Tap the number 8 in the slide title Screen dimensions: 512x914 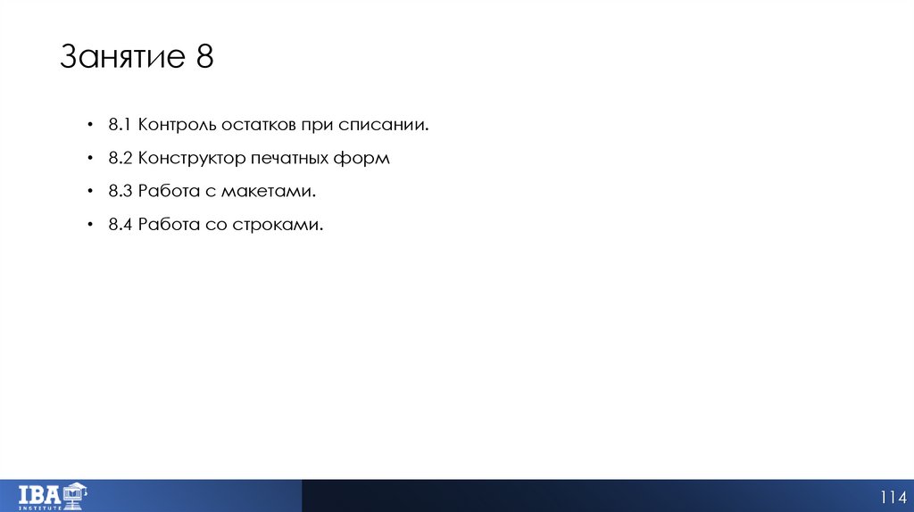pos(204,58)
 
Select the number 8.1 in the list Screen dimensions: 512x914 pos(120,126)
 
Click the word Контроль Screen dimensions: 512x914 pos(175,126)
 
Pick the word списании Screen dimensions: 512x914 pos(386,126)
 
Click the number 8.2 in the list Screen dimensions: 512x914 pos(121,159)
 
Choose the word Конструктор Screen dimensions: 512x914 pos(190,159)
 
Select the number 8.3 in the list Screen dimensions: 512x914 pos(121,192)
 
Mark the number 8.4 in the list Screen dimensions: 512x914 pos(121,225)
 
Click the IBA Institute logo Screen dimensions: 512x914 pos(53,494)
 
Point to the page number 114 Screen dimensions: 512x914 pos(893,497)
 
